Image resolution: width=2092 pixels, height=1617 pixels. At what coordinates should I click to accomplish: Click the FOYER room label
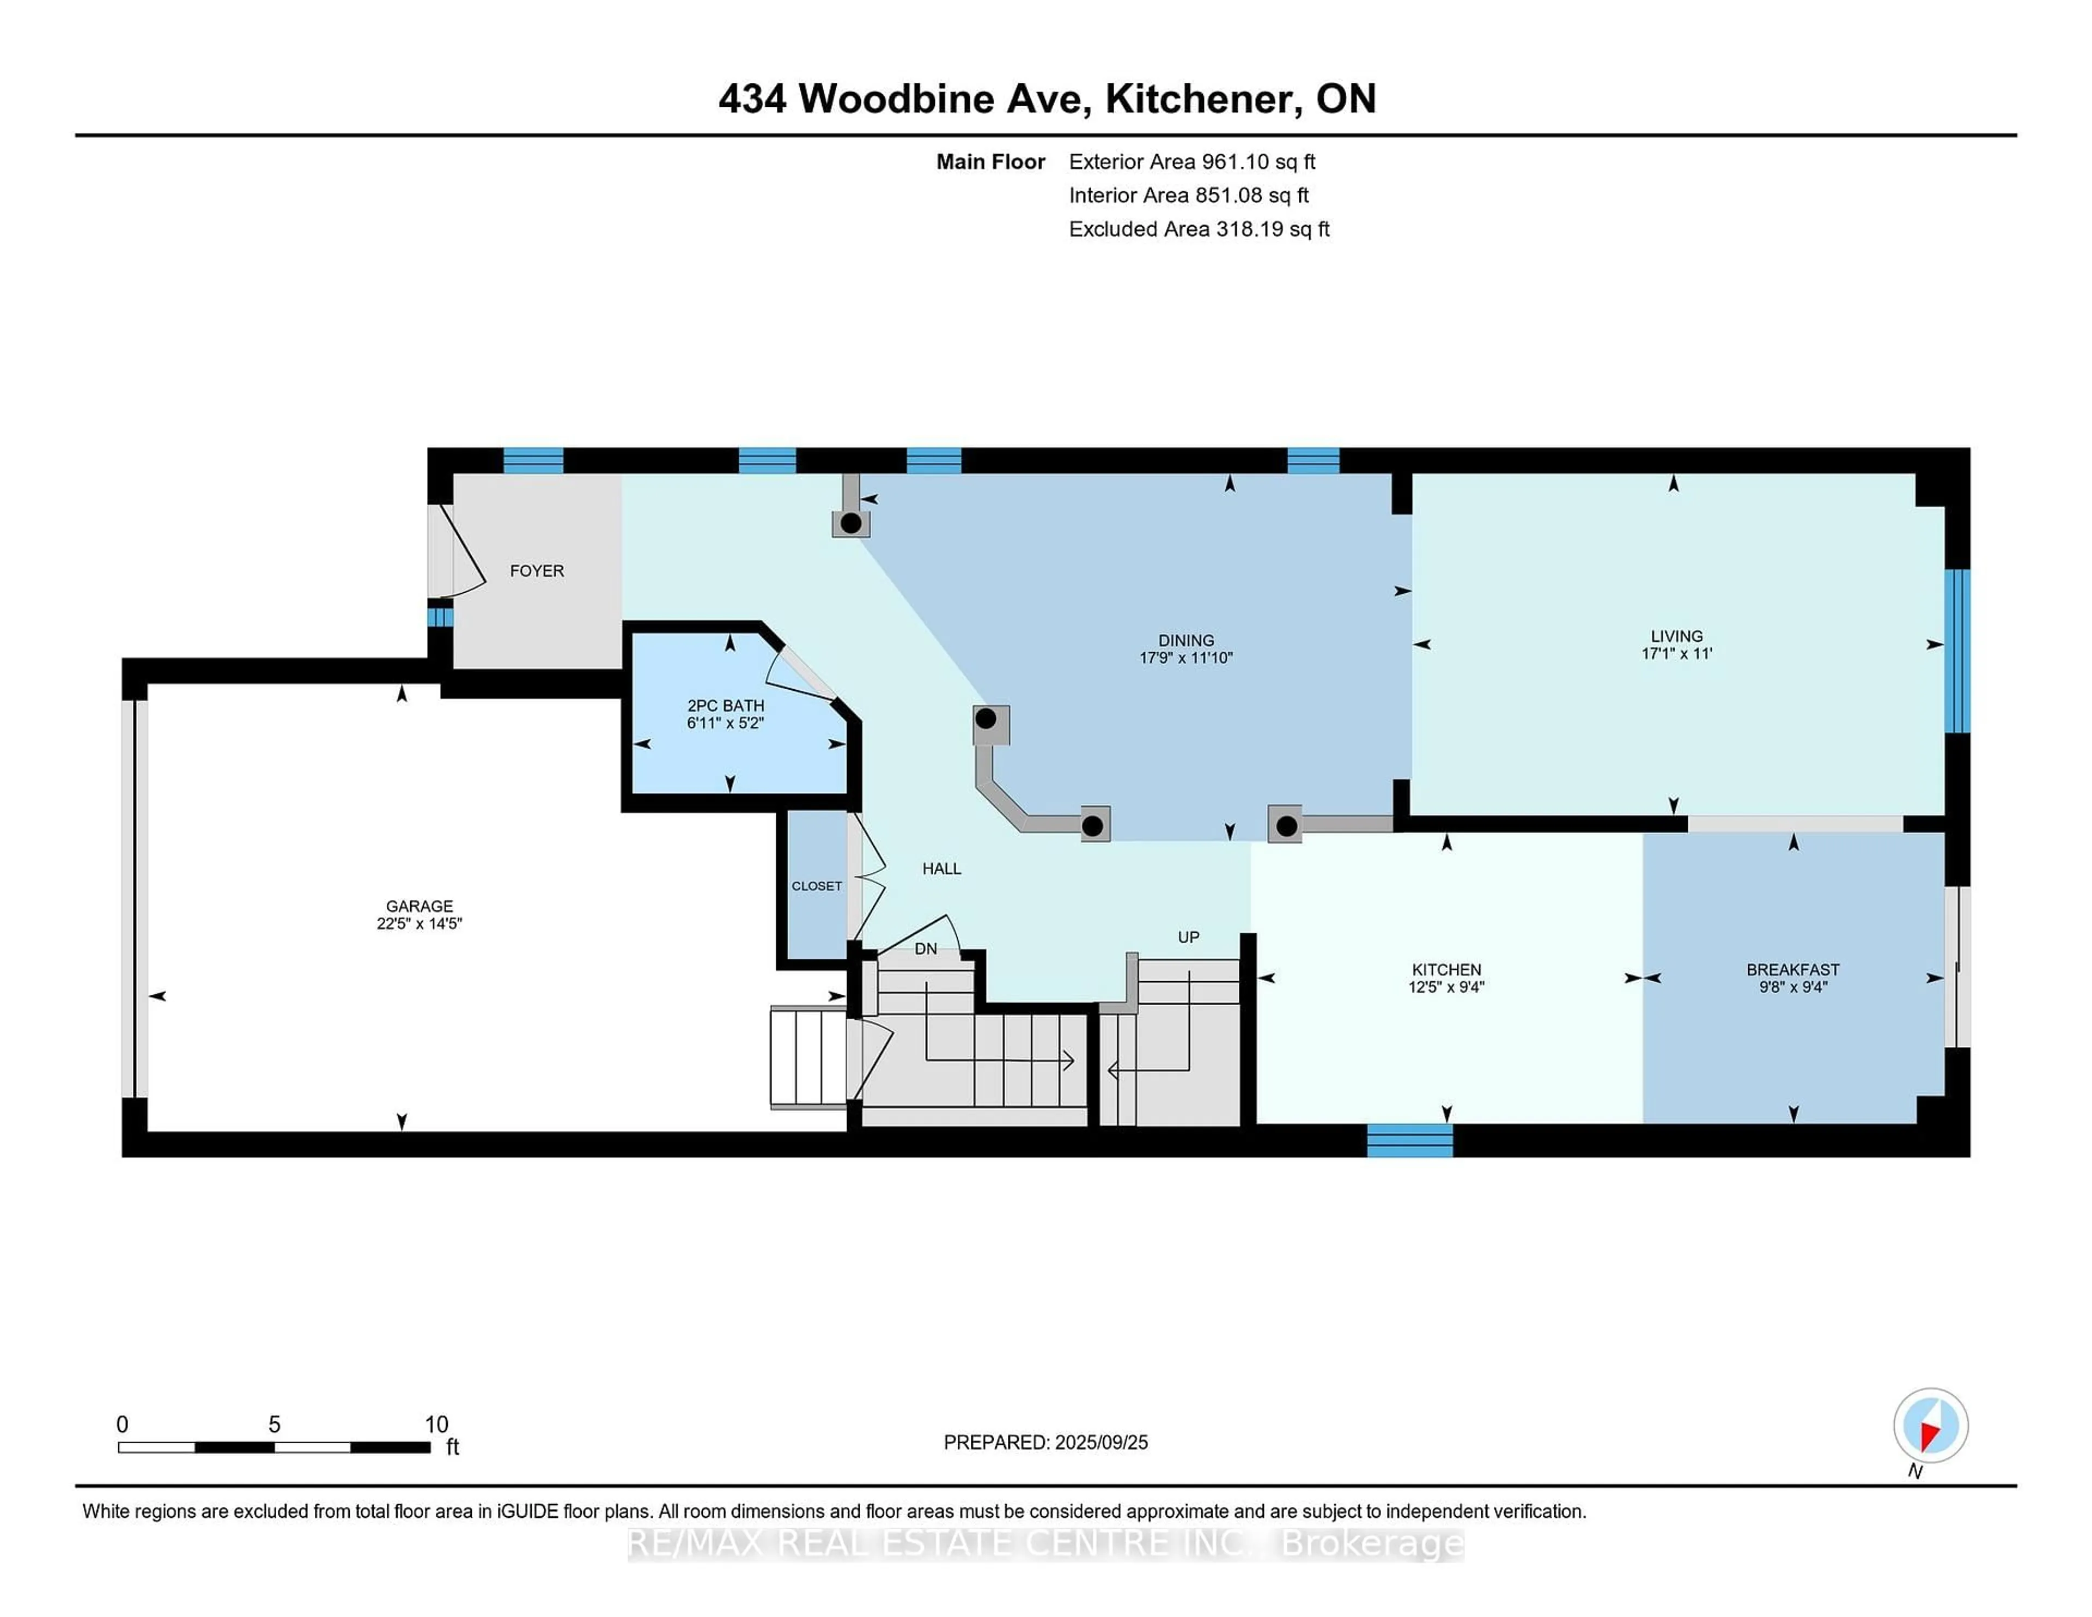pyautogui.click(x=537, y=571)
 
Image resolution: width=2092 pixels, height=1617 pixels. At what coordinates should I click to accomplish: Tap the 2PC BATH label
pyautogui.click(x=725, y=705)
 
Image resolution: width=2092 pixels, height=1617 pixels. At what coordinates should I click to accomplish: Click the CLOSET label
pyautogui.click(x=816, y=886)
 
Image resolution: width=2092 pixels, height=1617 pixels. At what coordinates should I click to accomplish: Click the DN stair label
pyautogui.click(x=925, y=949)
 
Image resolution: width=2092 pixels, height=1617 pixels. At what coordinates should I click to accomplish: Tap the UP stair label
pyautogui.click(x=1188, y=937)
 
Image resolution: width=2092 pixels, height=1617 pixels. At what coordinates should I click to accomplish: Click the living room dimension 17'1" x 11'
pyautogui.click(x=1676, y=653)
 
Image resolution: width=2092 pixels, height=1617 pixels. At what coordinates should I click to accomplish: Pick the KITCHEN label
pyautogui.click(x=1445, y=969)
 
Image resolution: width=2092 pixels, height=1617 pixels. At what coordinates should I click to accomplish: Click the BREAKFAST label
pyautogui.click(x=1792, y=969)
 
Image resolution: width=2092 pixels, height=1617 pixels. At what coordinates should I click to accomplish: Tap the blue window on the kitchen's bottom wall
pyautogui.click(x=1409, y=1140)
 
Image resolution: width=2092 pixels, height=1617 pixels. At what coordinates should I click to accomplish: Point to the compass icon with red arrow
pyautogui.click(x=1930, y=1425)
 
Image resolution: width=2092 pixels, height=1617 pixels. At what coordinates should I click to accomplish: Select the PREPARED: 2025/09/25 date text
pyautogui.click(x=1045, y=1443)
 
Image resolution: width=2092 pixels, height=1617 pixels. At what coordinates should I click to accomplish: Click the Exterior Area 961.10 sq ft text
pyautogui.click(x=1191, y=162)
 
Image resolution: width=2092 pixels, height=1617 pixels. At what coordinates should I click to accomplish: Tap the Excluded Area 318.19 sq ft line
pyautogui.click(x=1199, y=229)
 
